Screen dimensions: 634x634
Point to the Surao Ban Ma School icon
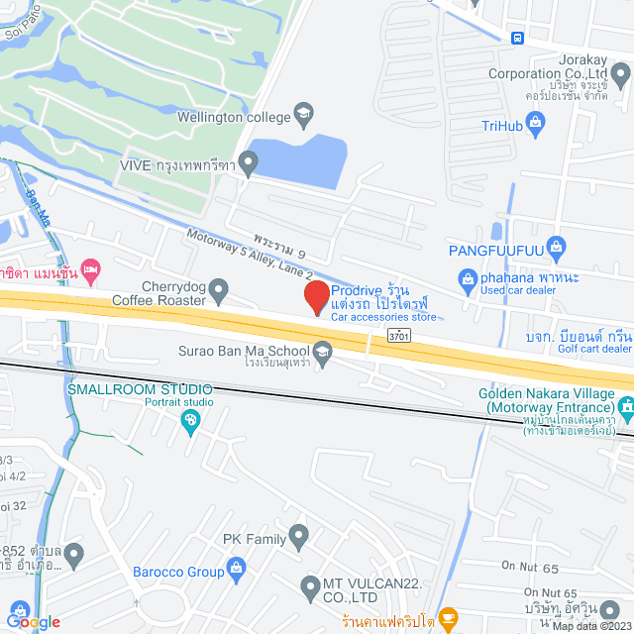tap(322, 350)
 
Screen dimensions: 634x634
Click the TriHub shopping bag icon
tap(537, 123)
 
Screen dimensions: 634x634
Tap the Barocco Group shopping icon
tap(236, 568)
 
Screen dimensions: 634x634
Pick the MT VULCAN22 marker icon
tap(312, 583)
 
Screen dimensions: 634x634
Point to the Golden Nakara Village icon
tap(625, 406)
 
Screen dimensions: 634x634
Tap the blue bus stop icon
tap(517, 38)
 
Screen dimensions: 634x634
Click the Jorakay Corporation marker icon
tap(619, 74)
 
